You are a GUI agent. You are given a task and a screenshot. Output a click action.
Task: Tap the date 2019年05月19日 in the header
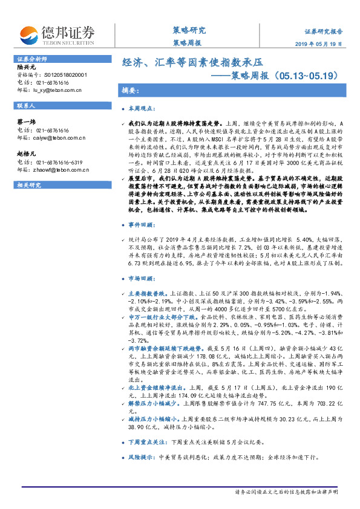tap(322, 44)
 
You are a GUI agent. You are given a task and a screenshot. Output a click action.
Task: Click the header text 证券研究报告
tap(322, 31)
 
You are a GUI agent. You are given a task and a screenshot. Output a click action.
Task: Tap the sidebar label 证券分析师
tap(28, 59)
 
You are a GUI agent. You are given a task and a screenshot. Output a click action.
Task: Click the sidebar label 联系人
tap(25, 106)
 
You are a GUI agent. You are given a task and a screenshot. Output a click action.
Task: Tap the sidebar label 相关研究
tap(27, 184)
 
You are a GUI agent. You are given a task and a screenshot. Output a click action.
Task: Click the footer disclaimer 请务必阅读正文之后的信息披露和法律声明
tap(287, 492)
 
